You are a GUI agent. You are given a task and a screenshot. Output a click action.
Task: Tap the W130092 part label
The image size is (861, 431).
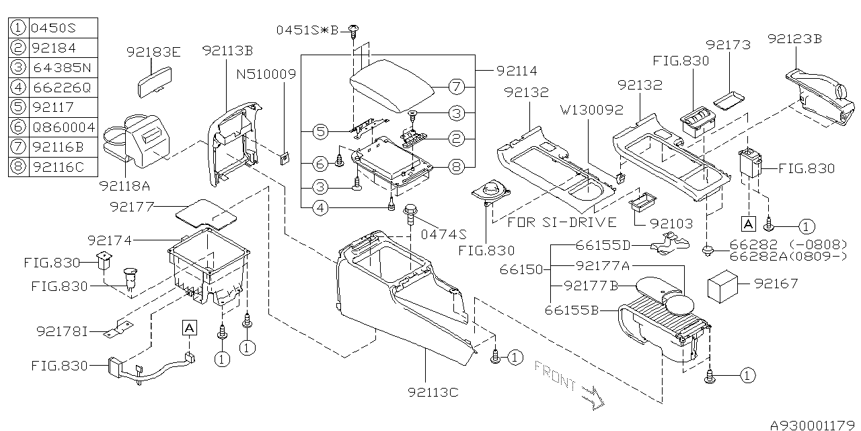tap(594, 109)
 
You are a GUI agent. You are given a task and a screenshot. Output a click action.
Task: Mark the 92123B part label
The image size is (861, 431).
tap(794, 39)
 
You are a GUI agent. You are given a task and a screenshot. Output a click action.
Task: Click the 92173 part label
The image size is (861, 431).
tap(727, 45)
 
